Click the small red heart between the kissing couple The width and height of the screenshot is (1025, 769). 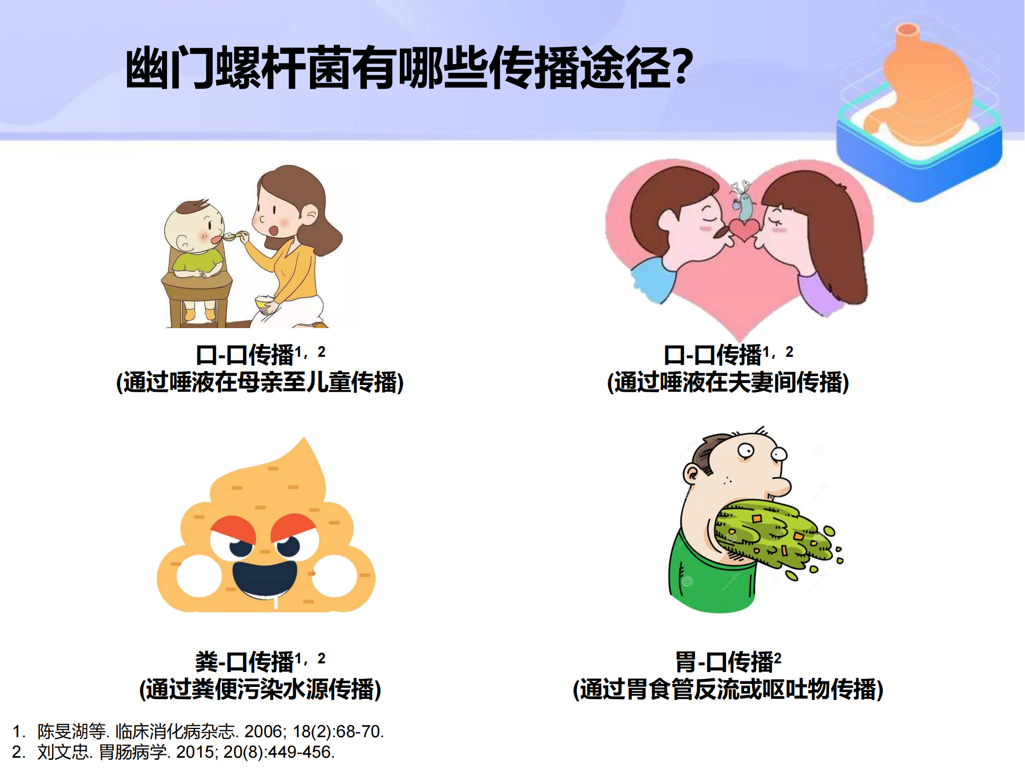744,229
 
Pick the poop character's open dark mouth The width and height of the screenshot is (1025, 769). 265,579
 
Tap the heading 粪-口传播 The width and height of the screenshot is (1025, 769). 244,661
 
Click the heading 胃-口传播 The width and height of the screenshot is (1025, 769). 724,661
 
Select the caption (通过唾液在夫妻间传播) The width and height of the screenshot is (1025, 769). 728,382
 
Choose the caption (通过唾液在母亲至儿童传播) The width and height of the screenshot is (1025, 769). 260,382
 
